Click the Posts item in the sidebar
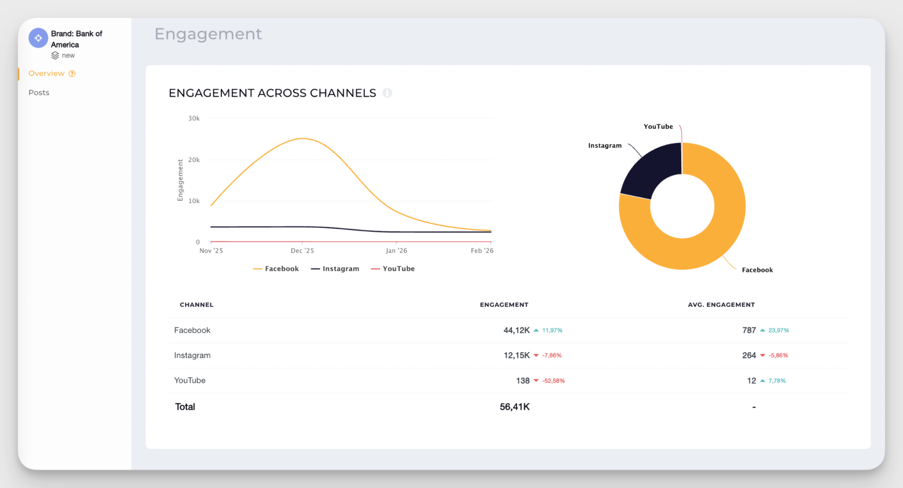point(39,93)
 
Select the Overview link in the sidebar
point(47,73)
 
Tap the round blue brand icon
point(38,38)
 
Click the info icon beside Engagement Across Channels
point(387,93)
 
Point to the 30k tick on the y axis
point(194,118)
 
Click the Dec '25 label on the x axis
point(302,251)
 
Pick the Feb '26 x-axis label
point(482,251)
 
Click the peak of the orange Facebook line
point(303,139)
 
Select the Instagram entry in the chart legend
point(335,269)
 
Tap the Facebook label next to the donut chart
point(757,270)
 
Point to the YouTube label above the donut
point(658,127)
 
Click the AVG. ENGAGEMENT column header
point(721,305)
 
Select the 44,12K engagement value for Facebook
point(516,331)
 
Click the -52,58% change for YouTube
point(553,381)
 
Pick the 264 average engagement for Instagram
point(749,355)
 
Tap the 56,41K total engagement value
point(515,407)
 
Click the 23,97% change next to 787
point(778,331)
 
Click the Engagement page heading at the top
point(208,34)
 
